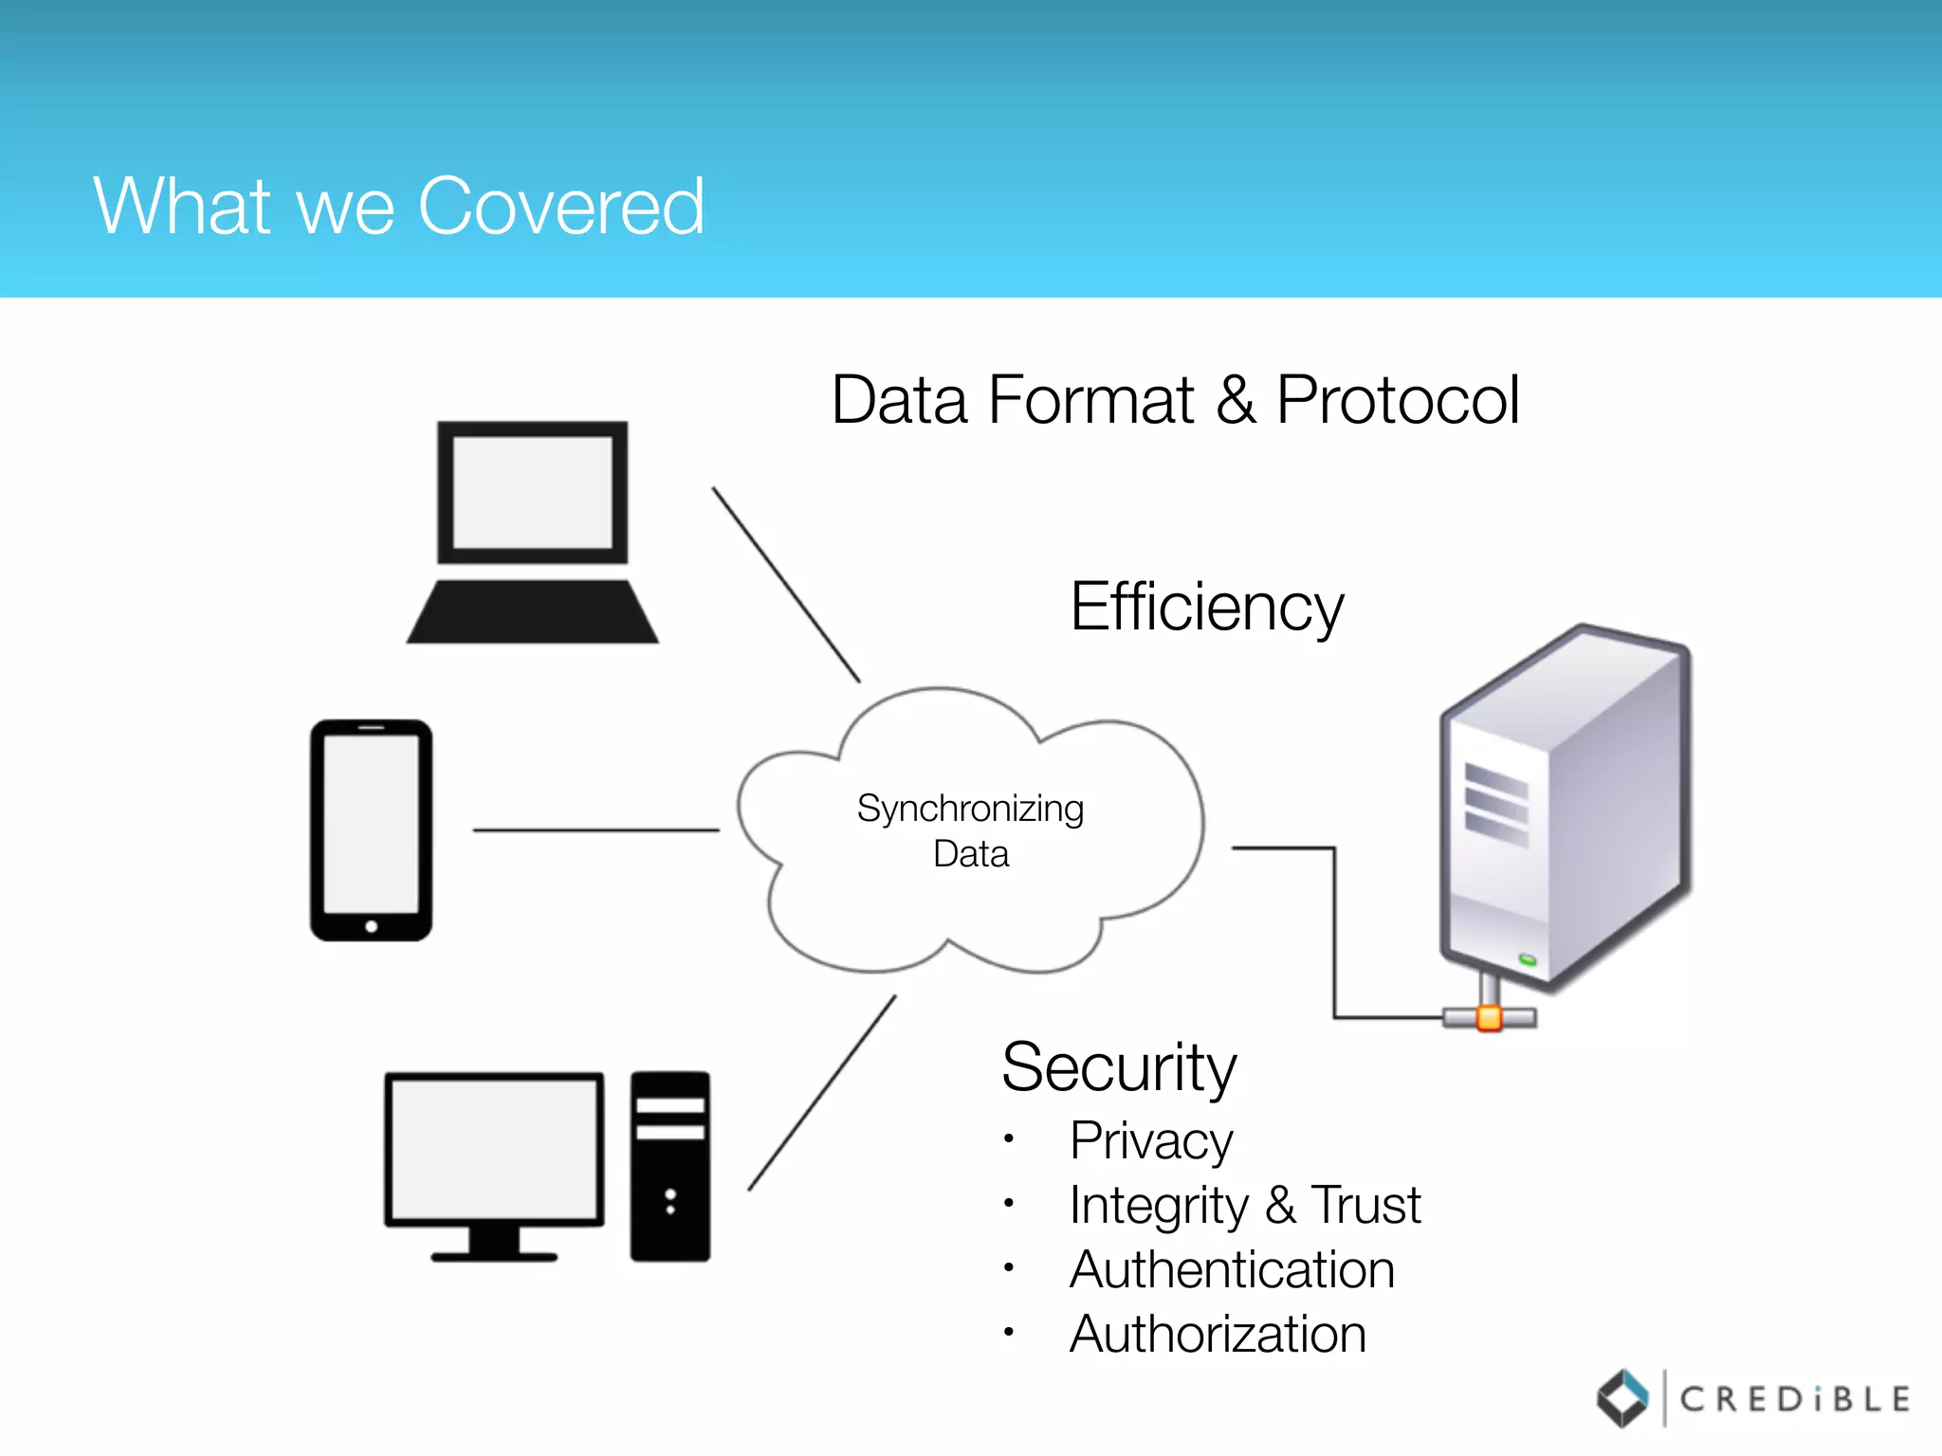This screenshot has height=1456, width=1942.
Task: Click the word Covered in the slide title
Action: point(561,207)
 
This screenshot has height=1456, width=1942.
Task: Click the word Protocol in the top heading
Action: point(1398,400)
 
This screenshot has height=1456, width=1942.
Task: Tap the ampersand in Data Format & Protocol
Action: point(1236,400)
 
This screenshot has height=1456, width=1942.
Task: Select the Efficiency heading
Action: point(1206,607)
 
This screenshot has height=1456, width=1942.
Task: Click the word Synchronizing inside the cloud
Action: point(969,809)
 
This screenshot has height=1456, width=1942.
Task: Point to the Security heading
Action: point(1119,1067)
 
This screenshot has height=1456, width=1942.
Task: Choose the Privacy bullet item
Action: point(1151,1140)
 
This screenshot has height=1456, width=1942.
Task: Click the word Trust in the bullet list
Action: point(1365,1205)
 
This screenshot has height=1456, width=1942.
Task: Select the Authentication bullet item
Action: point(1232,1269)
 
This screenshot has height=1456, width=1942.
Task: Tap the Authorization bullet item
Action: point(1218,1334)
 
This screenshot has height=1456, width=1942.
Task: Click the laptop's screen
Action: point(532,492)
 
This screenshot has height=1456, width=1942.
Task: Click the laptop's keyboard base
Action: point(532,612)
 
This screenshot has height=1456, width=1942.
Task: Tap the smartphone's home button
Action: point(372,926)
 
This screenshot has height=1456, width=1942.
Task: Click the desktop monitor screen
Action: point(494,1149)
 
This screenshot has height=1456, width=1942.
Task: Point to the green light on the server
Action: point(1528,960)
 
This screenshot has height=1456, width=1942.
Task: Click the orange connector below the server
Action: point(1489,1019)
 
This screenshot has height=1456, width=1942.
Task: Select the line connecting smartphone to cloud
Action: point(595,830)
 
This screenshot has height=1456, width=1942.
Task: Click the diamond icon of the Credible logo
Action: point(1622,1398)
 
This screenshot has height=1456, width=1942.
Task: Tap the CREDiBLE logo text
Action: point(1794,1399)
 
